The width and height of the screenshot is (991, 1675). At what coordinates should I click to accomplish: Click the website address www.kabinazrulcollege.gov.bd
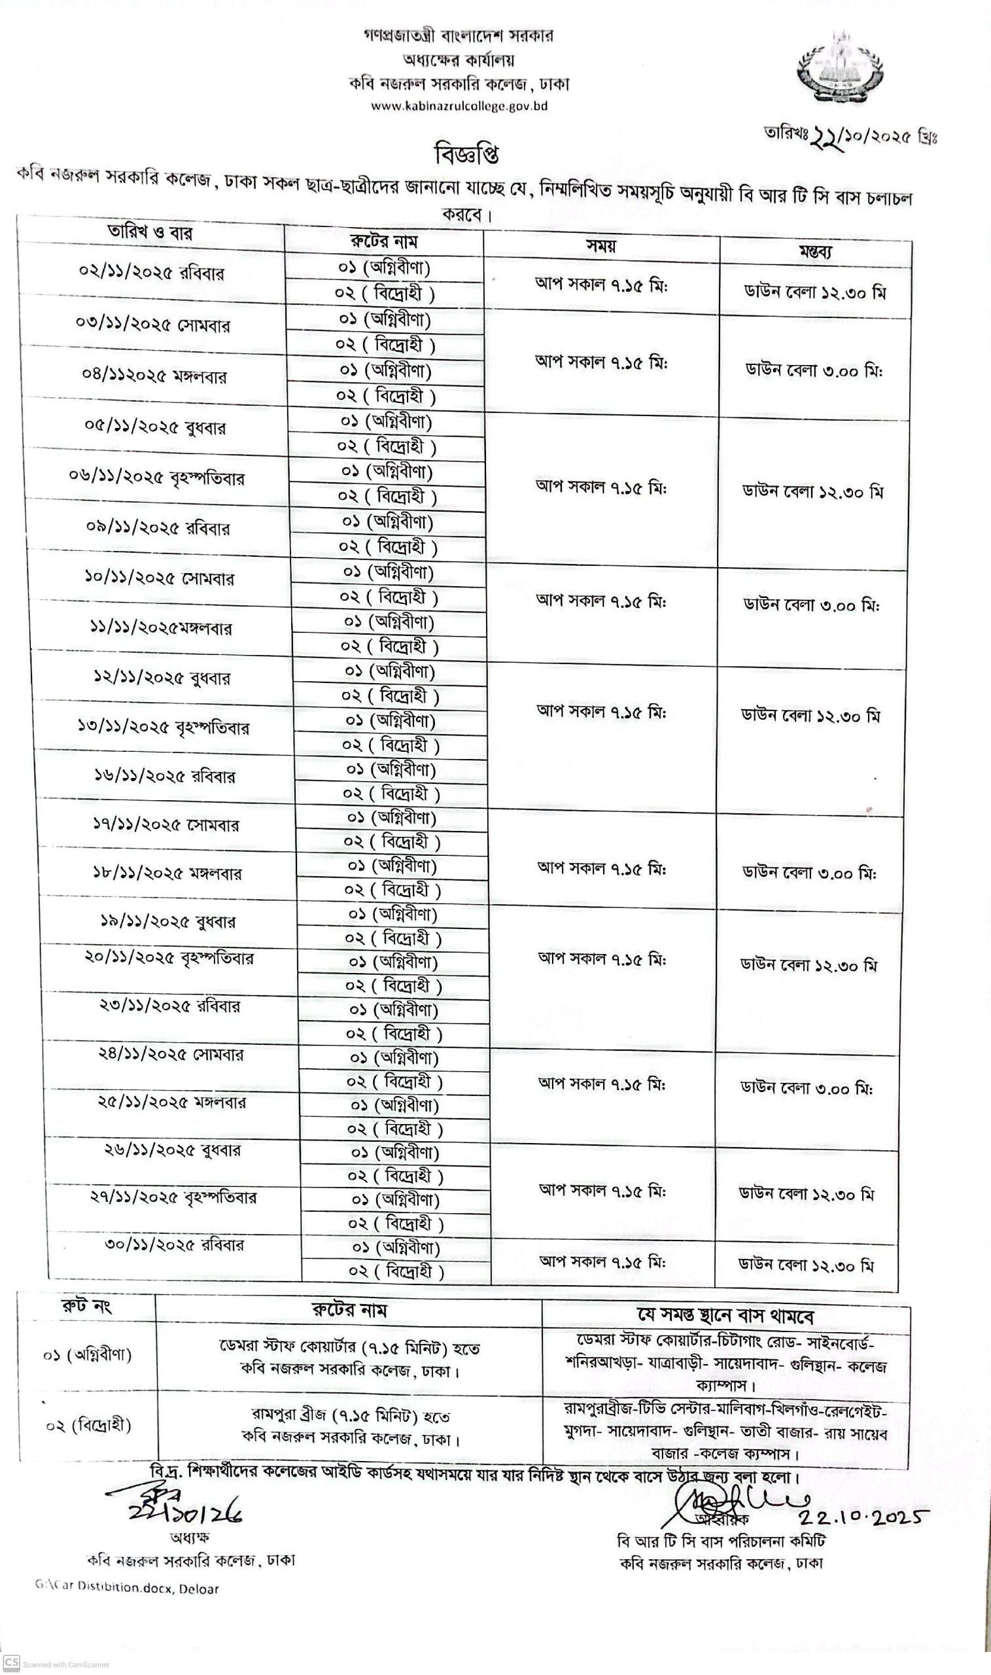click(459, 106)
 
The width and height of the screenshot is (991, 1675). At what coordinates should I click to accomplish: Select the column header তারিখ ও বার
click(150, 232)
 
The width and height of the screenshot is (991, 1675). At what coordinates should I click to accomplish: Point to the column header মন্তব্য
click(816, 252)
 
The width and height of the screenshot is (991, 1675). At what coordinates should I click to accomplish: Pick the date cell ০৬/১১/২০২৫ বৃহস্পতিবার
click(156, 478)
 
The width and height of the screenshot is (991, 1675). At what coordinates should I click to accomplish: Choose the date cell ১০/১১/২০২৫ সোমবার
click(159, 578)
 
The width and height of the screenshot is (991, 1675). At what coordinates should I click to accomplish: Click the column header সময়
click(600, 246)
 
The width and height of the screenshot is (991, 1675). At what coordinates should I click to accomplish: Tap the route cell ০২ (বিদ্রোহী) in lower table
click(88, 1425)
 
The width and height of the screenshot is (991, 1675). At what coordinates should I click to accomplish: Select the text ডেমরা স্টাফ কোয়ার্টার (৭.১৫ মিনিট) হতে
click(349, 1347)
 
